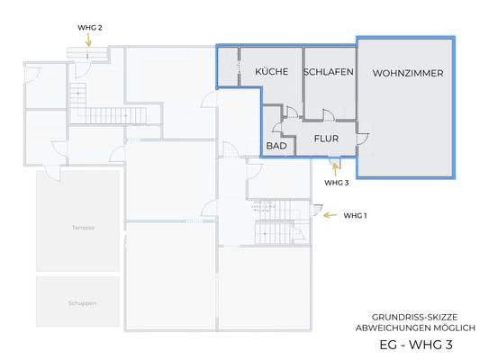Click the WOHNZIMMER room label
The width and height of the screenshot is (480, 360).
(x=407, y=73)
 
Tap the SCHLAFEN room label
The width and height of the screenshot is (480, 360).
(x=328, y=72)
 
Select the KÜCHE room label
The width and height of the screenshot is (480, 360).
(x=272, y=72)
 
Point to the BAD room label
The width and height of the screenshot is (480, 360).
(x=276, y=145)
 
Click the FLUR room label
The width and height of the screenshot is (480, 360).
(x=326, y=139)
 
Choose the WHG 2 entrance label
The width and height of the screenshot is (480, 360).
(x=90, y=28)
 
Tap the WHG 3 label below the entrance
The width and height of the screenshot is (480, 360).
(x=336, y=182)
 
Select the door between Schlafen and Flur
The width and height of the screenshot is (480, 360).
(x=330, y=116)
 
